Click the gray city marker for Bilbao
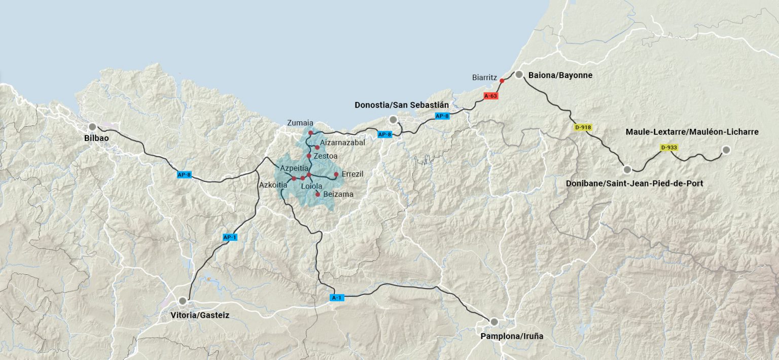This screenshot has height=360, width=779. [x=92, y=127]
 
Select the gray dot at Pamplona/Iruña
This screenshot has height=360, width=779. [x=494, y=322]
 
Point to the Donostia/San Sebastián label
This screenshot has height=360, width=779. [x=402, y=105]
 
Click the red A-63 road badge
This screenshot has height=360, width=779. [x=491, y=96]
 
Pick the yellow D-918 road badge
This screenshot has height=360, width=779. [x=583, y=127]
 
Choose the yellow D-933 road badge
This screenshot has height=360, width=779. [x=669, y=148]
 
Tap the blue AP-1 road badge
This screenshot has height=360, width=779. [x=230, y=237]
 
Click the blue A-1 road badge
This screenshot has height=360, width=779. [x=337, y=298]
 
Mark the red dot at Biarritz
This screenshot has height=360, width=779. [x=502, y=81]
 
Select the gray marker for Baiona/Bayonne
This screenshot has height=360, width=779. [x=519, y=75]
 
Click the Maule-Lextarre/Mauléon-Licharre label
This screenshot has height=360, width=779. [x=692, y=132]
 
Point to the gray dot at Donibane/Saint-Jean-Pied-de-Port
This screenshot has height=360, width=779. [x=627, y=169]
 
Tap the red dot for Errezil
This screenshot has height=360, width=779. [x=336, y=174]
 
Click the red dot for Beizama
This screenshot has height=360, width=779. [x=318, y=194]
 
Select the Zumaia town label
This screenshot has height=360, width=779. [x=300, y=123]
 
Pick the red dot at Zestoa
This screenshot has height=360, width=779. [x=309, y=156]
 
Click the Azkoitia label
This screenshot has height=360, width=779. [x=273, y=185]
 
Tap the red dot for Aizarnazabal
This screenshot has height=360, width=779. [x=317, y=148]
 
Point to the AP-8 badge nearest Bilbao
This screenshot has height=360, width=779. [x=184, y=175]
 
